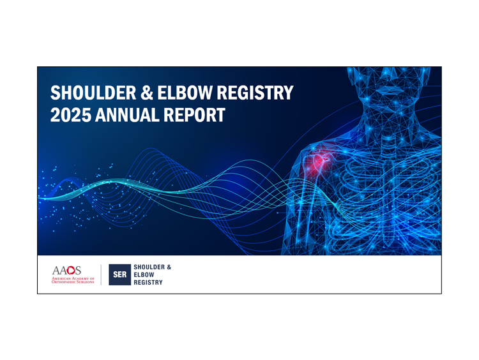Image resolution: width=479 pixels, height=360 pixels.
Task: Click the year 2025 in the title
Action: pos(70,116)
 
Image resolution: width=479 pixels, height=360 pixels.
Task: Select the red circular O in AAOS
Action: pos(79,271)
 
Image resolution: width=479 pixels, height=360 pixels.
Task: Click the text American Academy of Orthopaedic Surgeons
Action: pos(73,281)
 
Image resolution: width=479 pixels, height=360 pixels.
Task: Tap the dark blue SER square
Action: pos(119,274)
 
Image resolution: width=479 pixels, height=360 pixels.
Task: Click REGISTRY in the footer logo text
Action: pos(148,282)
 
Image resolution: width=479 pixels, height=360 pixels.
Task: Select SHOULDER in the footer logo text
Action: pos(153,267)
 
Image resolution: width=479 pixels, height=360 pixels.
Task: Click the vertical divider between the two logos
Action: pos(101,274)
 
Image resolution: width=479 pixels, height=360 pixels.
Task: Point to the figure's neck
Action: pos(383,118)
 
